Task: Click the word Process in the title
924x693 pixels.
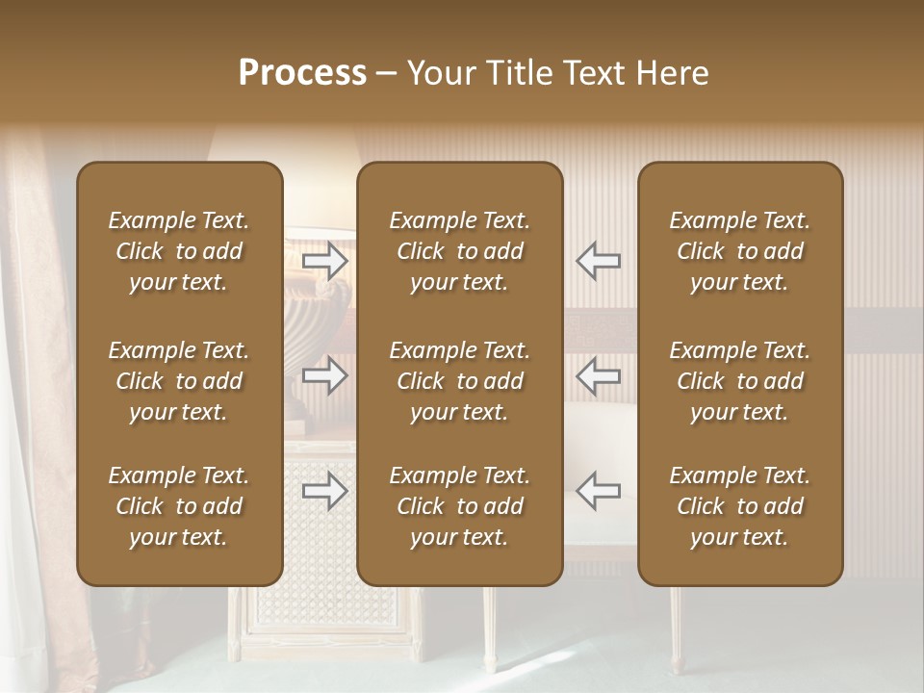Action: pos(302,73)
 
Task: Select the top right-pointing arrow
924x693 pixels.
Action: pos(325,261)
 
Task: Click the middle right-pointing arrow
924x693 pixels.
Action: pos(325,375)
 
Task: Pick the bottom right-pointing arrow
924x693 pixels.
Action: pos(325,491)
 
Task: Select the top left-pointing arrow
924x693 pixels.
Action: pos(599,261)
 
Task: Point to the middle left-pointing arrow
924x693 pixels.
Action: pos(599,375)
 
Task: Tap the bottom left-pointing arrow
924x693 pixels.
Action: pos(599,491)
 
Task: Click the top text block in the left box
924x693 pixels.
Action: pos(179,251)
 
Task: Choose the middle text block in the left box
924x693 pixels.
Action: pos(179,381)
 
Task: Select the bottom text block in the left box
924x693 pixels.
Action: pos(179,506)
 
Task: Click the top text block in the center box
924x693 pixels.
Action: pos(460,251)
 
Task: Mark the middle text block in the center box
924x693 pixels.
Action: pos(460,381)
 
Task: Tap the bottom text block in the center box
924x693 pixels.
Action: pos(460,506)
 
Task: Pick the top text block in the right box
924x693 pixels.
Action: pos(740,251)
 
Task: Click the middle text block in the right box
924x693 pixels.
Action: pos(740,381)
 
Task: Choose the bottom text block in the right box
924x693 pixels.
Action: pos(740,506)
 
